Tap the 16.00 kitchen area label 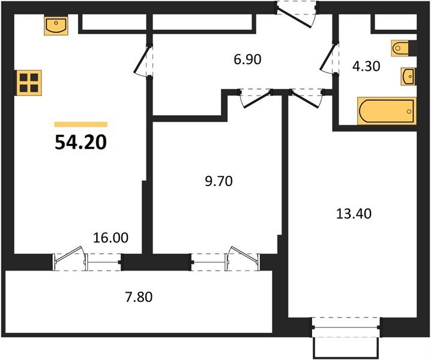pos(112,238)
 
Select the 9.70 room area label pos(218,181)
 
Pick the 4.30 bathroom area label pos(366,67)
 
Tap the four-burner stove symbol pos(29,82)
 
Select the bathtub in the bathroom pos(385,111)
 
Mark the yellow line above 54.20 pos(80,124)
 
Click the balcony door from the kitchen pos(71,260)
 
